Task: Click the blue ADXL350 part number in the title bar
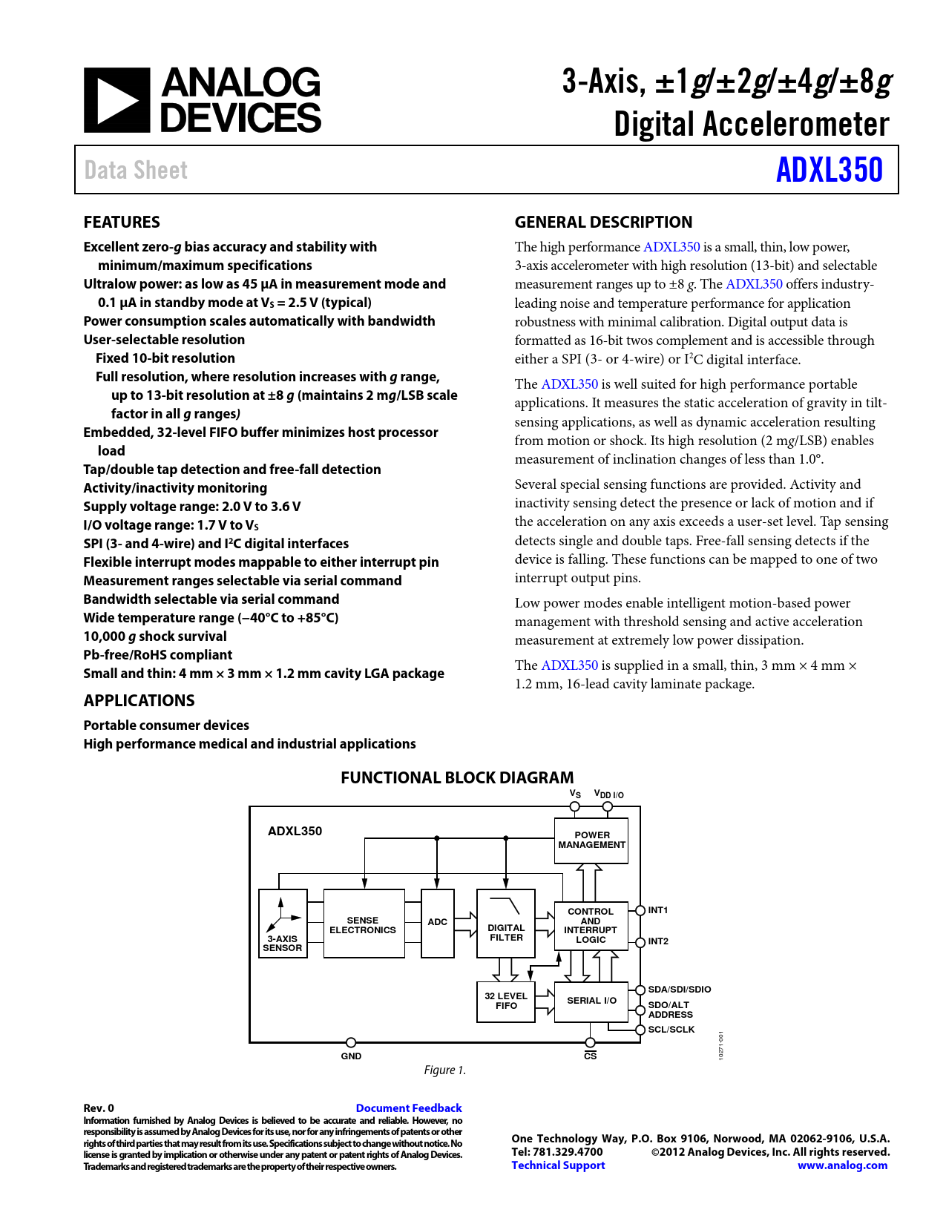coord(829,170)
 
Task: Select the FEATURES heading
coord(122,222)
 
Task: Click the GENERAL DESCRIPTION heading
coord(603,222)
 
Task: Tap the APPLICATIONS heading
coord(139,700)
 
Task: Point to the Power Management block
coord(591,840)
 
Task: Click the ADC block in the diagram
coord(437,923)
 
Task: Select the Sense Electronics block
coord(364,924)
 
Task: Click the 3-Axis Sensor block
coord(283,924)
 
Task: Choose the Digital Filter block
coord(506,924)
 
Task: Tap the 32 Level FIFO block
coord(506,1001)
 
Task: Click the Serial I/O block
coord(591,1001)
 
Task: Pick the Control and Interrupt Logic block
coord(591,926)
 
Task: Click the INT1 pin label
coord(658,910)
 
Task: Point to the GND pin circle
coord(351,1042)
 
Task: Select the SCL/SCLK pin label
coord(671,1030)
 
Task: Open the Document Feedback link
coord(409,1108)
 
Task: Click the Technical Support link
coord(558,1165)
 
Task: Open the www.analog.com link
coord(842,1165)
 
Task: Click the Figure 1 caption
coord(445,1070)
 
